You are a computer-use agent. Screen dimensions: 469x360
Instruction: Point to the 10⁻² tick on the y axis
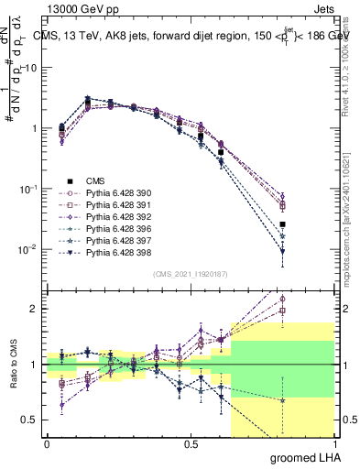click(x=30, y=249)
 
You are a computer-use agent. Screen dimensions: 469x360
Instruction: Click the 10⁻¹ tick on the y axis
click(x=30, y=189)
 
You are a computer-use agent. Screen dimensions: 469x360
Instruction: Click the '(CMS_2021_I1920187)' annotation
click(x=190, y=272)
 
